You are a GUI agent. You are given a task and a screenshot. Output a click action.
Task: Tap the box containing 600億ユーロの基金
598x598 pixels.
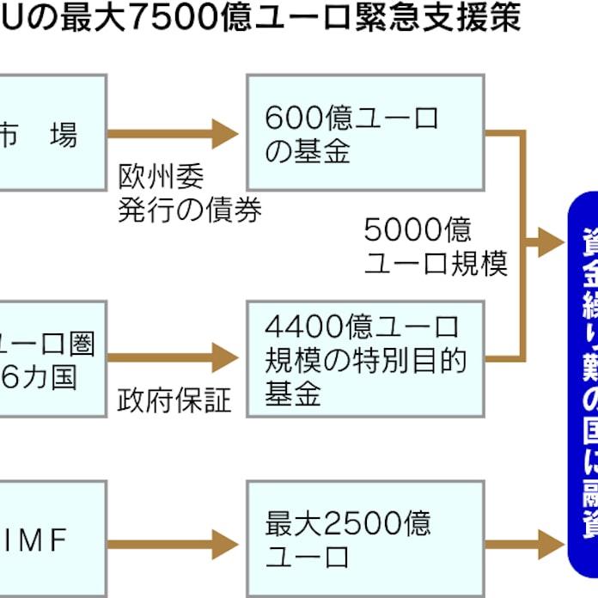[365, 133]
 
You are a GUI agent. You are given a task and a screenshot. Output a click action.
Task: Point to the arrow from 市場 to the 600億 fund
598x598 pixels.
[172, 133]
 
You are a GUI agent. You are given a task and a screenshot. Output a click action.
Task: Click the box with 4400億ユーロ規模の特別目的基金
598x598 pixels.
[365, 359]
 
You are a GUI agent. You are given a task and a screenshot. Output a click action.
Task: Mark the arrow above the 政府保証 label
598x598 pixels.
[172, 357]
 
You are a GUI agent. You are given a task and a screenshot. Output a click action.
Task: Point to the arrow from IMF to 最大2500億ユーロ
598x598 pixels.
[172, 544]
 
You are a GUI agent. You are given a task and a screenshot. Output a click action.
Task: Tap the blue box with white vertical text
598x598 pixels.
[583, 387]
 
